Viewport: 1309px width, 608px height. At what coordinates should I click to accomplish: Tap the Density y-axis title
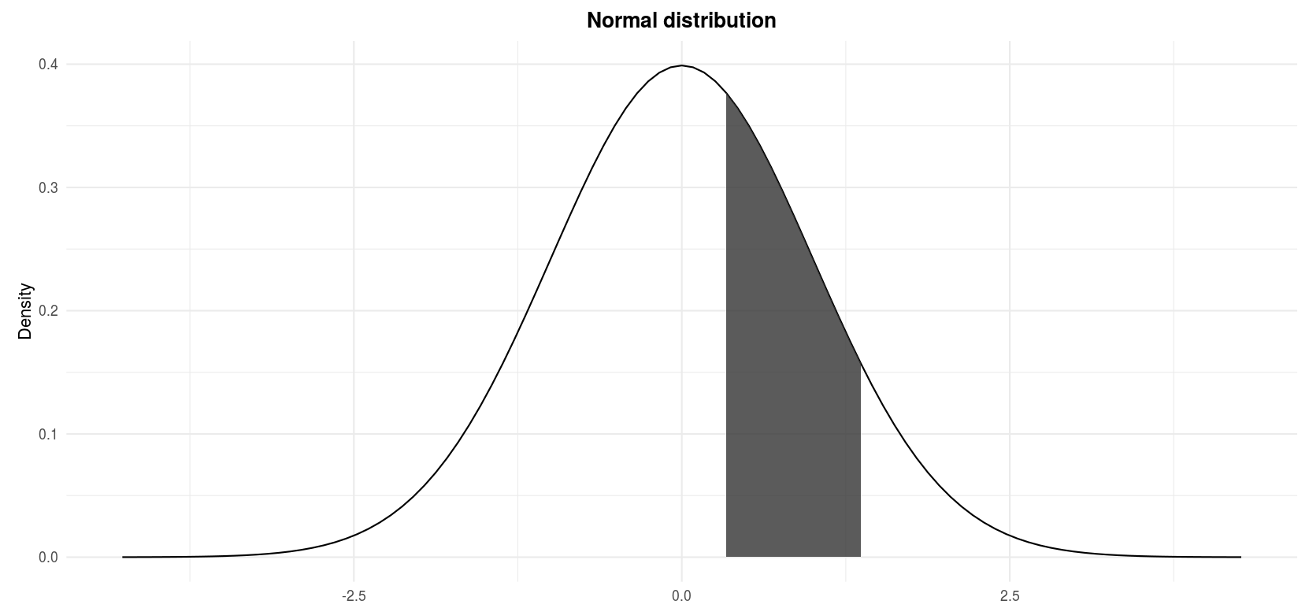pos(25,310)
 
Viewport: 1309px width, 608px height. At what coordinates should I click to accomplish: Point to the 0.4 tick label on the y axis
pos(48,65)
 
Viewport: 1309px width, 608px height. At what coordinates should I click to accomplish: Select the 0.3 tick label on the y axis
pos(48,187)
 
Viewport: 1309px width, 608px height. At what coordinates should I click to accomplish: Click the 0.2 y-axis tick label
pos(48,311)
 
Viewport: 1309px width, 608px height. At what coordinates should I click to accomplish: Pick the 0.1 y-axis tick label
pos(48,434)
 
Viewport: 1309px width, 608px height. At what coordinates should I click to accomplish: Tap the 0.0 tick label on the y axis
pos(48,558)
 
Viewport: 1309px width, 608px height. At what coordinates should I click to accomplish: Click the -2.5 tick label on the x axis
pos(354,596)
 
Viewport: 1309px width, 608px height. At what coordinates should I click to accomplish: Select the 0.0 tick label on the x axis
pos(682,596)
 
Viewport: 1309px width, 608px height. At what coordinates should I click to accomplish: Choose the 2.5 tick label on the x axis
pos(1010,596)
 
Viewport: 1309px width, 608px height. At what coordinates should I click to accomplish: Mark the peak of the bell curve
pos(682,65)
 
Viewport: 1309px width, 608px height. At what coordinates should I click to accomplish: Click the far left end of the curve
pos(124,557)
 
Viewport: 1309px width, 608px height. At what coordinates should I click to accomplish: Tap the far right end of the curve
pos(1240,557)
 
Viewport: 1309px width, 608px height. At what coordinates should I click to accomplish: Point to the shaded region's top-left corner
pos(726,94)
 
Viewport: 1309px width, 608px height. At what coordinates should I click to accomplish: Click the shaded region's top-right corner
pos(860,363)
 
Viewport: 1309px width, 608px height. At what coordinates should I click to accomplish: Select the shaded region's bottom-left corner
pos(726,557)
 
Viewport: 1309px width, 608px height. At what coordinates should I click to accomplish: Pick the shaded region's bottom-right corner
pos(860,557)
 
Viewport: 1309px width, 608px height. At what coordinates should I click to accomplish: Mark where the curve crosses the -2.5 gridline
pos(354,536)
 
